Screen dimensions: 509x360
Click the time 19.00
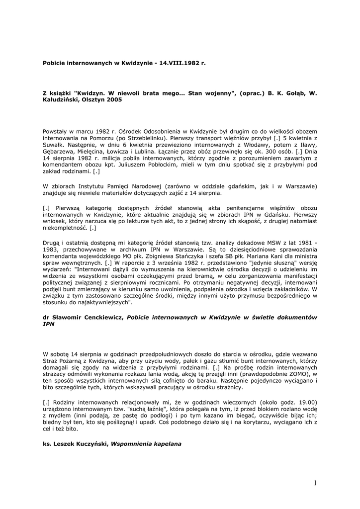(x=307, y=402)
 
